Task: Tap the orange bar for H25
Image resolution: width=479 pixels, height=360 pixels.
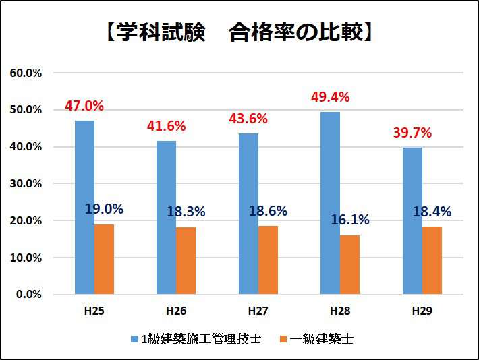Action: point(104,260)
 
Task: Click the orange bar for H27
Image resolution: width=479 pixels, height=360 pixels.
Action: point(268,260)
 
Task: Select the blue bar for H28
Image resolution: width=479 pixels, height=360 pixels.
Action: point(330,203)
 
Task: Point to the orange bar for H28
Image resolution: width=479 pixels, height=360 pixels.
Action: point(350,265)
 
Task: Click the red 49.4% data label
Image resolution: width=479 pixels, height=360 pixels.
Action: point(330,97)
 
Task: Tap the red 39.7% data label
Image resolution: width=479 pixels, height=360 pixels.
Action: point(412,133)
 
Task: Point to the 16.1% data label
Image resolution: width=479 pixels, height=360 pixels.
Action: point(350,220)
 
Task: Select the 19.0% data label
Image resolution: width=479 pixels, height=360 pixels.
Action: point(104,209)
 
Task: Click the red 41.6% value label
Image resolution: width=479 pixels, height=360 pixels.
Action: point(166,126)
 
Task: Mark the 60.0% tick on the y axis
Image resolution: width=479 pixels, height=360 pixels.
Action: point(26,73)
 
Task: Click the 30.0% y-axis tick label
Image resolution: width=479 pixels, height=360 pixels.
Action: point(26,183)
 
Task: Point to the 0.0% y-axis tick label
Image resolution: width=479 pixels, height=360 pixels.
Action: point(28,295)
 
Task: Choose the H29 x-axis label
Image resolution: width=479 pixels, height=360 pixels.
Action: point(422,311)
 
